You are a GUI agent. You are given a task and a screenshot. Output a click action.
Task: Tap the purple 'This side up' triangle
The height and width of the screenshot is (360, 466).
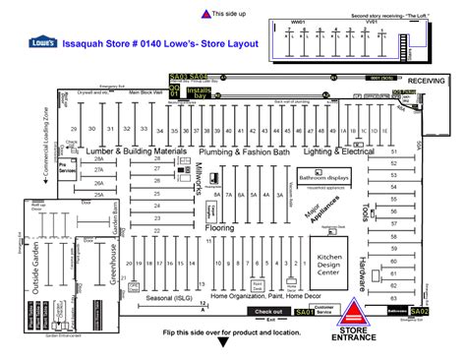tap(204, 14)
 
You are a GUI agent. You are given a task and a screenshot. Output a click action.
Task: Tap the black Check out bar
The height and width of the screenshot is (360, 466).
tap(267, 312)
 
